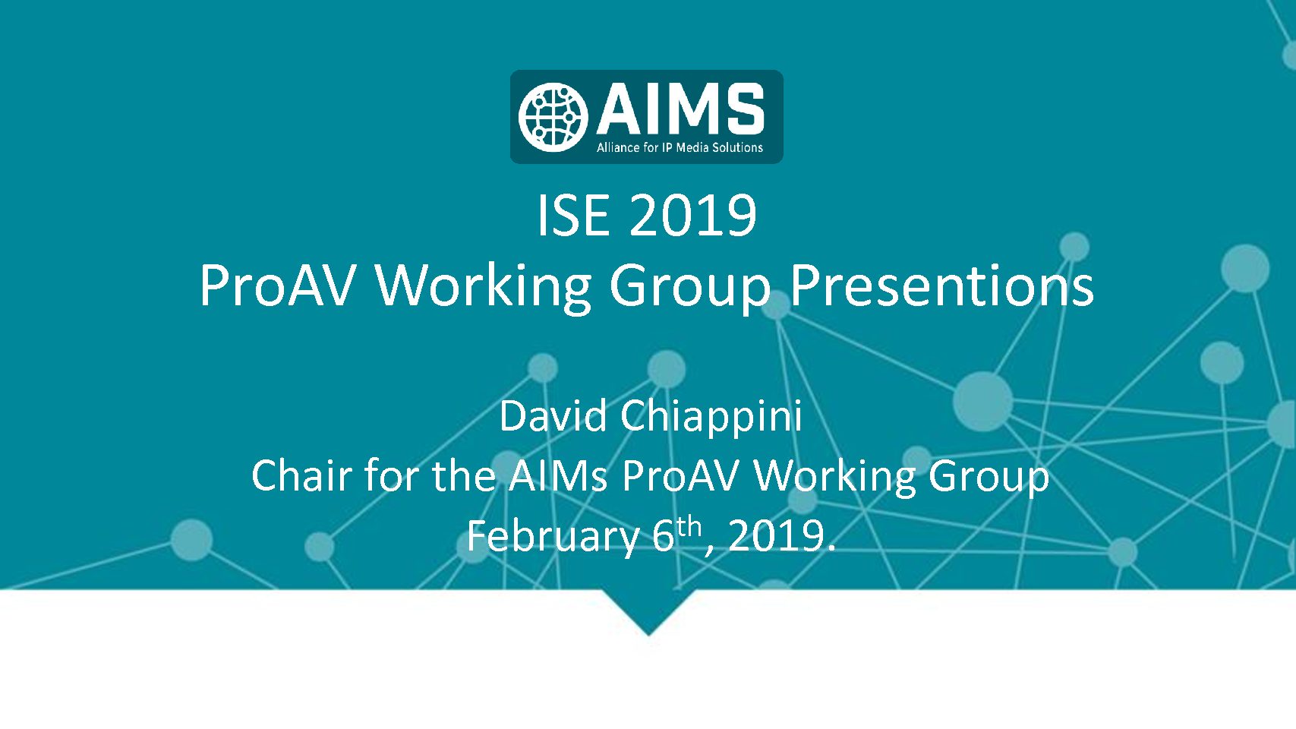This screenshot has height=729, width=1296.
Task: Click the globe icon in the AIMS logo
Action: (x=553, y=117)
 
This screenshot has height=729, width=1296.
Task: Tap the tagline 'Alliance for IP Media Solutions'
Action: (x=680, y=147)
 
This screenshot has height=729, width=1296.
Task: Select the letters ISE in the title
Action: (x=573, y=215)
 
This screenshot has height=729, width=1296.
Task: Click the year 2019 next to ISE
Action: (x=693, y=215)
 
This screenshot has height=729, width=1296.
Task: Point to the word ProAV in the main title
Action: (x=276, y=286)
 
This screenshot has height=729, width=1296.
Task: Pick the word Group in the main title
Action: (x=690, y=289)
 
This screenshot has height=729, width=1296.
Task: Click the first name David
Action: (x=553, y=415)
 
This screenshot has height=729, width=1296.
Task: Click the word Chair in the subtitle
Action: (x=301, y=475)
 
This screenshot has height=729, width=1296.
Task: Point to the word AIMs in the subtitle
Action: (x=558, y=475)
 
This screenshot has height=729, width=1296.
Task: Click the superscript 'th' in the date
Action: (x=689, y=527)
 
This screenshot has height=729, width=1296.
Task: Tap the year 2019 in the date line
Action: (x=776, y=536)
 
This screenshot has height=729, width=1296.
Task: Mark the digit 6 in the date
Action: (x=664, y=536)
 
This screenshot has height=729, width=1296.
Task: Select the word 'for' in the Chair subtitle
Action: (x=391, y=475)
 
